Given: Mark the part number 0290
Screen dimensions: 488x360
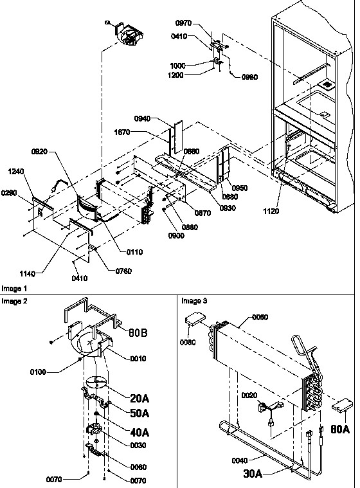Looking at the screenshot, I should pos(10,192).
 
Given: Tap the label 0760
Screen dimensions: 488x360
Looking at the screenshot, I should pos(123,271).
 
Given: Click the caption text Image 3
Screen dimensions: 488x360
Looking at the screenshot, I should pos(194,300).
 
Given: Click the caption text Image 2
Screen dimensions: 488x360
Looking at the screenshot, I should pos(14,300).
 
